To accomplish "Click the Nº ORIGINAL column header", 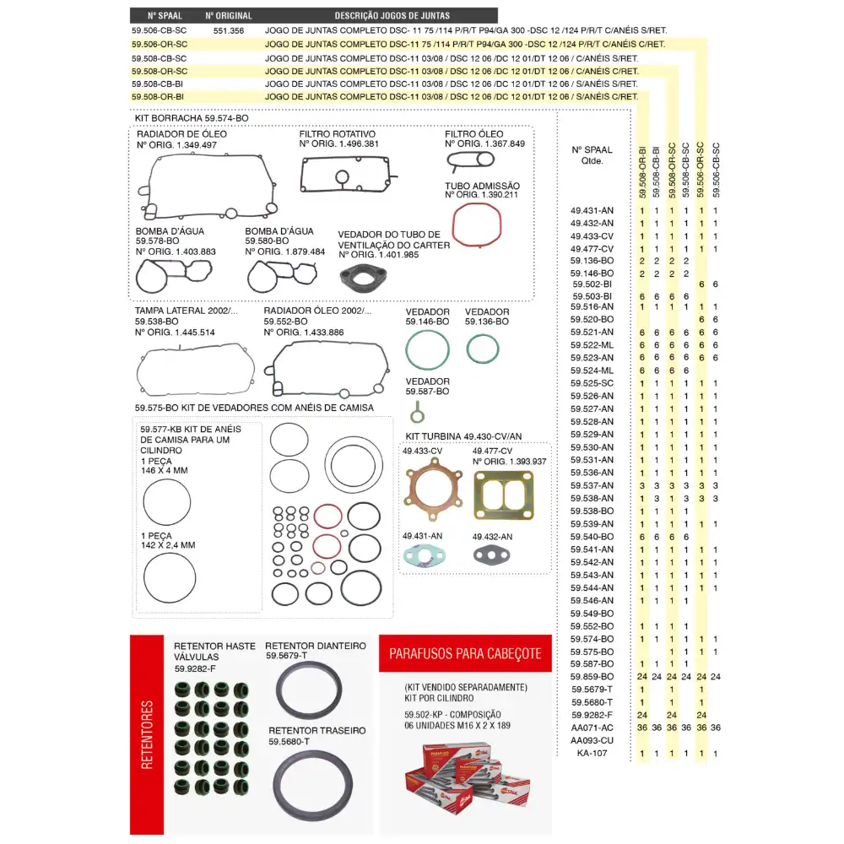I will pyautogui.click(x=229, y=15).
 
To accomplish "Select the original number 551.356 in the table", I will pyautogui.click(x=229, y=30).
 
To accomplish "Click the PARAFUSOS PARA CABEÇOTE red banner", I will pyautogui.click(x=465, y=653).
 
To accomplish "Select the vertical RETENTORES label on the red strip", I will pyautogui.click(x=148, y=734).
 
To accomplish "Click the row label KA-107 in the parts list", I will pyautogui.click(x=592, y=753).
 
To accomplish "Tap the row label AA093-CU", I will pyautogui.click(x=592, y=740).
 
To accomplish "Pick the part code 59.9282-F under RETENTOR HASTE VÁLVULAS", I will pyautogui.click(x=196, y=668).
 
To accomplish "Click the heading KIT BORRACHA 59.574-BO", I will pyautogui.click(x=192, y=119).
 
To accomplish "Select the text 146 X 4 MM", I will pyautogui.click(x=165, y=470).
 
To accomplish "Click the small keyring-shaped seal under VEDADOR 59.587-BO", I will pyautogui.click(x=415, y=412).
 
